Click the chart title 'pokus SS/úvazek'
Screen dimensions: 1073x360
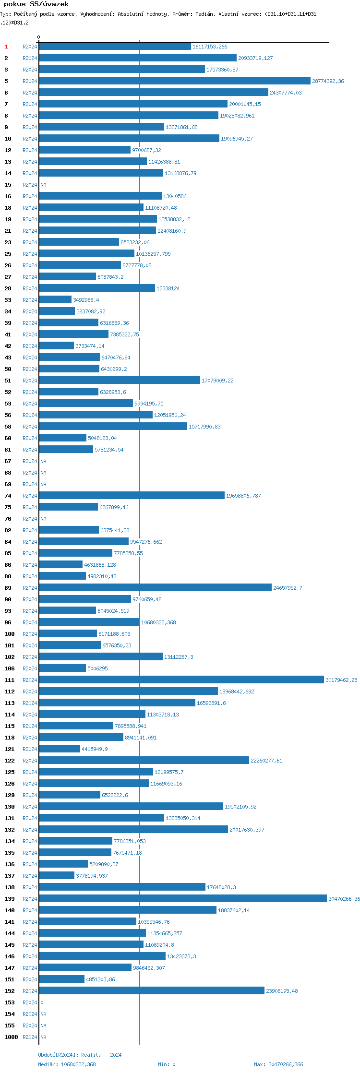(x=36, y=4)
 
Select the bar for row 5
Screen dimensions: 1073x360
(x=175, y=81)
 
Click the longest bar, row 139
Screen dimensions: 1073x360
(x=183, y=899)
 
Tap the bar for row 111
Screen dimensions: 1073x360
(x=181, y=680)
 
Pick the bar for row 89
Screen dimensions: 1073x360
(x=155, y=588)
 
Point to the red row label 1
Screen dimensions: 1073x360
(x=6, y=47)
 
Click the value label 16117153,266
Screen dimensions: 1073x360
(x=210, y=47)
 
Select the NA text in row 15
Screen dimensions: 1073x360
(x=43, y=185)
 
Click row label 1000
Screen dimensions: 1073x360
(x=11, y=1037)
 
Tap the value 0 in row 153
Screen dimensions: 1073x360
(x=42, y=1002)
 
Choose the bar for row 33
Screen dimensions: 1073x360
(x=55, y=300)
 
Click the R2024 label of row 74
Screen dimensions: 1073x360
(x=30, y=496)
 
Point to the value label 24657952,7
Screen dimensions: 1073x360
(x=288, y=588)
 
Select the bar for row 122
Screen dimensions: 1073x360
(x=144, y=761)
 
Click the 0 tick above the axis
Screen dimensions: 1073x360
(x=39, y=37)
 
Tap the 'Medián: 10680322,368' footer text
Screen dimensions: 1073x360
(x=67, y=1064)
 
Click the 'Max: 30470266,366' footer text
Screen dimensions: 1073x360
(x=278, y=1064)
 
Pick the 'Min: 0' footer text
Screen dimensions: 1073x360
(x=167, y=1064)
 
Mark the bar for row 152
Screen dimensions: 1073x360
(x=152, y=991)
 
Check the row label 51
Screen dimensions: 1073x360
(x=8, y=381)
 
